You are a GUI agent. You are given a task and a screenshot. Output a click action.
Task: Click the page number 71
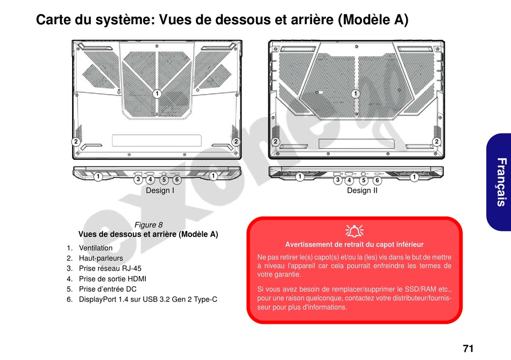tap(468, 348)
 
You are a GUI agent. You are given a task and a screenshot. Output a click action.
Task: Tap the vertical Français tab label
tap(501, 182)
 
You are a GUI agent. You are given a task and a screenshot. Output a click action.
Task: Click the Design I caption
tap(160, 190)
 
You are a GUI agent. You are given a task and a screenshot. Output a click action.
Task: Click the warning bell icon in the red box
tap(354, 231)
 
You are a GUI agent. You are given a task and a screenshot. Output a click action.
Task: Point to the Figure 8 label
tap(148, 225)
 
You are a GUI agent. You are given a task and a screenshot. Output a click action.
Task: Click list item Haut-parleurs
tap(101, 258)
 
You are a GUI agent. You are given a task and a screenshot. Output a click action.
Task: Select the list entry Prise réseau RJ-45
tap(110, 269)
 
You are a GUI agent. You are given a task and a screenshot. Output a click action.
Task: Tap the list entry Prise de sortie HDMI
tap(112, 279)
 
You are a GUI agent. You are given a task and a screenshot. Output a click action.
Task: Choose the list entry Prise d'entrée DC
tap(108, 289)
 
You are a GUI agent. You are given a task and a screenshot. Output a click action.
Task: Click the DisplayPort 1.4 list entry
tap(148, 299)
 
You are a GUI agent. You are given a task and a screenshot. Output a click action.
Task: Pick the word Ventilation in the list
tap(96, 248)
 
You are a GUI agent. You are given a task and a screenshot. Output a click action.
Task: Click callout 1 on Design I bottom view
tap(157, 94)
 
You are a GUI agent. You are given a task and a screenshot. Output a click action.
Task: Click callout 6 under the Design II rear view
tap(377, 180)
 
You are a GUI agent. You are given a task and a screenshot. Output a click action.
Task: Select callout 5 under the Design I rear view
tap(164, 180)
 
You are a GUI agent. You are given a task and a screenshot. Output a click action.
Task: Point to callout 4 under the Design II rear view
tap(350, 180)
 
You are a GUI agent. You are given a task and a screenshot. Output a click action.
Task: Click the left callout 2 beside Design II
tap(275, 142)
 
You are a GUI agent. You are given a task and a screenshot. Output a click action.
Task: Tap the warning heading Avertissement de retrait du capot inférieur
tap(354, 244)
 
